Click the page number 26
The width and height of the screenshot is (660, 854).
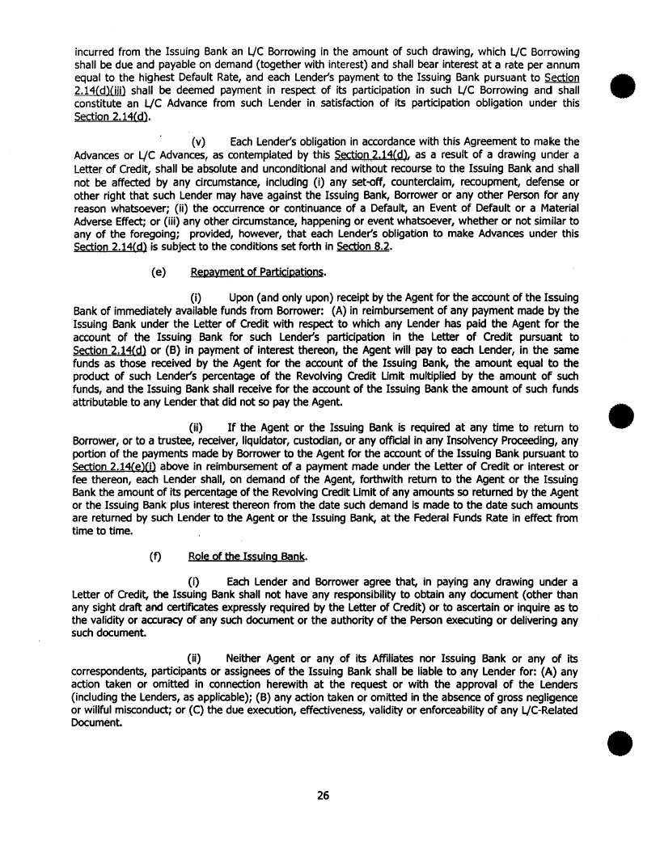click(323, 796)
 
